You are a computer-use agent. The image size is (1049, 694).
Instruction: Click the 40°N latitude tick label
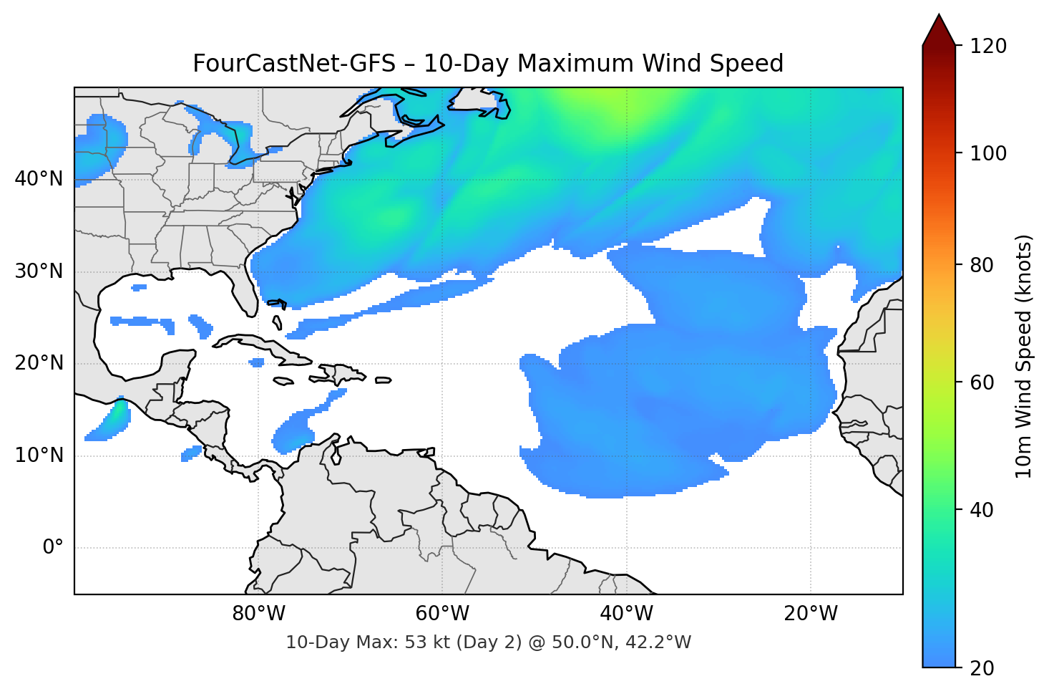(39, 179)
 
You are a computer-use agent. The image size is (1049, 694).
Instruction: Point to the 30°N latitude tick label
(39, 271)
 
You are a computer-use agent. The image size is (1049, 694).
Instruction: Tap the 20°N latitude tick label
(39, 363)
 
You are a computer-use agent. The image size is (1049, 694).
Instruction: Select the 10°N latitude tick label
(39, 456)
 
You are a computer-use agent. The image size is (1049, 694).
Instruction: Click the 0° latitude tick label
(52, 548)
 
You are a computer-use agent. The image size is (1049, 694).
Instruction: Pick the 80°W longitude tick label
(258, 614)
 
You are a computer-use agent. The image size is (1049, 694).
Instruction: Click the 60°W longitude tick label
(442, 614)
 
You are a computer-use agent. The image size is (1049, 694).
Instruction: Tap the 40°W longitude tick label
(627, 614)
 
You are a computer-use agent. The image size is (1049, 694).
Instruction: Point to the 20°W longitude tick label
(811, 614)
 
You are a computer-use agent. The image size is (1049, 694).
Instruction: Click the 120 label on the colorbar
(988, 47)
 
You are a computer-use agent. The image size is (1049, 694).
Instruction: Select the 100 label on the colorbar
(988, 153)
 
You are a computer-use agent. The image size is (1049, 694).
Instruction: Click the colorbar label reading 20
(982, 668)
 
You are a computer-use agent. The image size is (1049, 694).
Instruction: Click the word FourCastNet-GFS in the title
(293, 64)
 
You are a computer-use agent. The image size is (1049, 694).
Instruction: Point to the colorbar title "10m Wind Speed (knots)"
(1024, 356)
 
